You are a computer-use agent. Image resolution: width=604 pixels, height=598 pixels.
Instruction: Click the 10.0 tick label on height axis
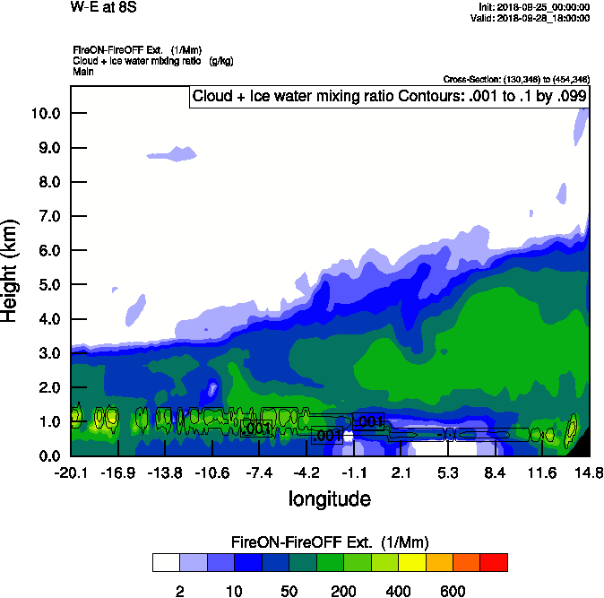[43, 113]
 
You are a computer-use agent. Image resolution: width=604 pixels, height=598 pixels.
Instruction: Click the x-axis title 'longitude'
[329, 498]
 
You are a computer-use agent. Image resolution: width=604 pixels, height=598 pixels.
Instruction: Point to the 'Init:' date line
[535, 6]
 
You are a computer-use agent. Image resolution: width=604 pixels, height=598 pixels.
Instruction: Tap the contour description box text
[390, 96]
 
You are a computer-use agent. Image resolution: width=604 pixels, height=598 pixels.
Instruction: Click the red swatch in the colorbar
[493, 562]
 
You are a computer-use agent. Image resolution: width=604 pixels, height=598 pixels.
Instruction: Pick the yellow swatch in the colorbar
[409, 562]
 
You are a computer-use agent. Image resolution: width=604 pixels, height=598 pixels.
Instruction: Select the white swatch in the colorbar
[166, 562]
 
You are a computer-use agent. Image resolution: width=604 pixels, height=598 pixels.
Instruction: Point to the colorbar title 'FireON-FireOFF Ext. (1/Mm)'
[330, 542]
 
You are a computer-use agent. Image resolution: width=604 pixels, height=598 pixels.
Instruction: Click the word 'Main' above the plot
[83, 70]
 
